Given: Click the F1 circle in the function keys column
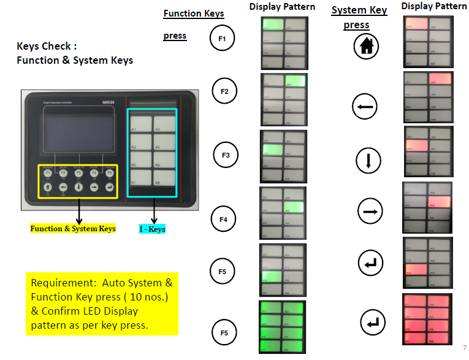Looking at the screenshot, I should (222, 39).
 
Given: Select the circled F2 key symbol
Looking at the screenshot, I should (224, 92).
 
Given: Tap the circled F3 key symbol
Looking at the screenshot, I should (225, 155).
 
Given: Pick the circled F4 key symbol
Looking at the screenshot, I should (223, 218).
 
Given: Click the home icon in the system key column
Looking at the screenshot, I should (367, 47).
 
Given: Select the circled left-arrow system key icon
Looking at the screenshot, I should (364, 108).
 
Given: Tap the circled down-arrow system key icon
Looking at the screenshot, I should (368, 161).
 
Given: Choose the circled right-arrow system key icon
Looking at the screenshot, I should (370, 211).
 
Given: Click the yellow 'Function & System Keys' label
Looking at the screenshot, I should (73, 229).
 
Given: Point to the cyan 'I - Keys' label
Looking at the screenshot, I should (152, 229).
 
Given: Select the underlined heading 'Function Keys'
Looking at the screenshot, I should (193, 13).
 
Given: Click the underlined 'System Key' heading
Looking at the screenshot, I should (359, 10).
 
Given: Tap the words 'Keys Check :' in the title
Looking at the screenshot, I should (47, 46).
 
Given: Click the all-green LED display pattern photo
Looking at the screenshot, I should (283, 327).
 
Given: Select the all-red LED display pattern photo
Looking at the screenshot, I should (428, 318).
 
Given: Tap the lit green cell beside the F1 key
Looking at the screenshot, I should (273, 25).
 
